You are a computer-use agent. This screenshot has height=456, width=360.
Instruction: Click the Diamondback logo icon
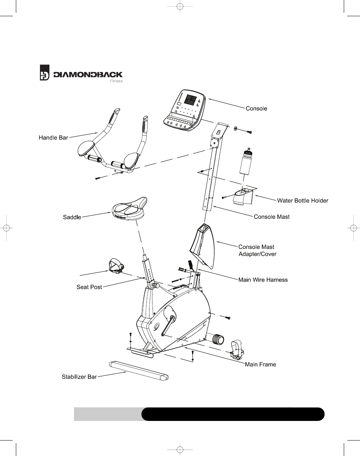pyautogui.click(x=45, y=73)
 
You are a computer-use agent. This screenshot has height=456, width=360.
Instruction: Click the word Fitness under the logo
pyautogui.click(x=116, y=81)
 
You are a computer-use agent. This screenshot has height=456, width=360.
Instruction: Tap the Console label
pyautogui.click(x=256, y=109)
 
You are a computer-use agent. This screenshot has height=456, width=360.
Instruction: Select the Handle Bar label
pyautogui.click(x=53, y=138)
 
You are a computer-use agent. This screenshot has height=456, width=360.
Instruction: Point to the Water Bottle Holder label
pyautogui.click(x=303, y=201)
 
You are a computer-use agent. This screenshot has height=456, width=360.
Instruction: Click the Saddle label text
pyautogui.click(x=72, y=217)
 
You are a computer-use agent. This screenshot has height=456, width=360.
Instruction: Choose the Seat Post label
pyautogui.click(x=89, y=287)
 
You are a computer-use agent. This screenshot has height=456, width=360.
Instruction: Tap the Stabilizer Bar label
pyautogui.click(x=79, y=377)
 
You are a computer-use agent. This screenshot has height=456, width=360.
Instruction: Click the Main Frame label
pyautogui.click(x=260, y=364)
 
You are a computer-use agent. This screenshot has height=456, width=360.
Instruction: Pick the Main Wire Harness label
pyautogui.click(x=263, y=280)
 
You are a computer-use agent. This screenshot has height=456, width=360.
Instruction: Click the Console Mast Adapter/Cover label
pyautogui.click(x=257, y=250)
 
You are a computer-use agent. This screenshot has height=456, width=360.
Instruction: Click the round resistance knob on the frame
pyautogui.click(x=217, y=339)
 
